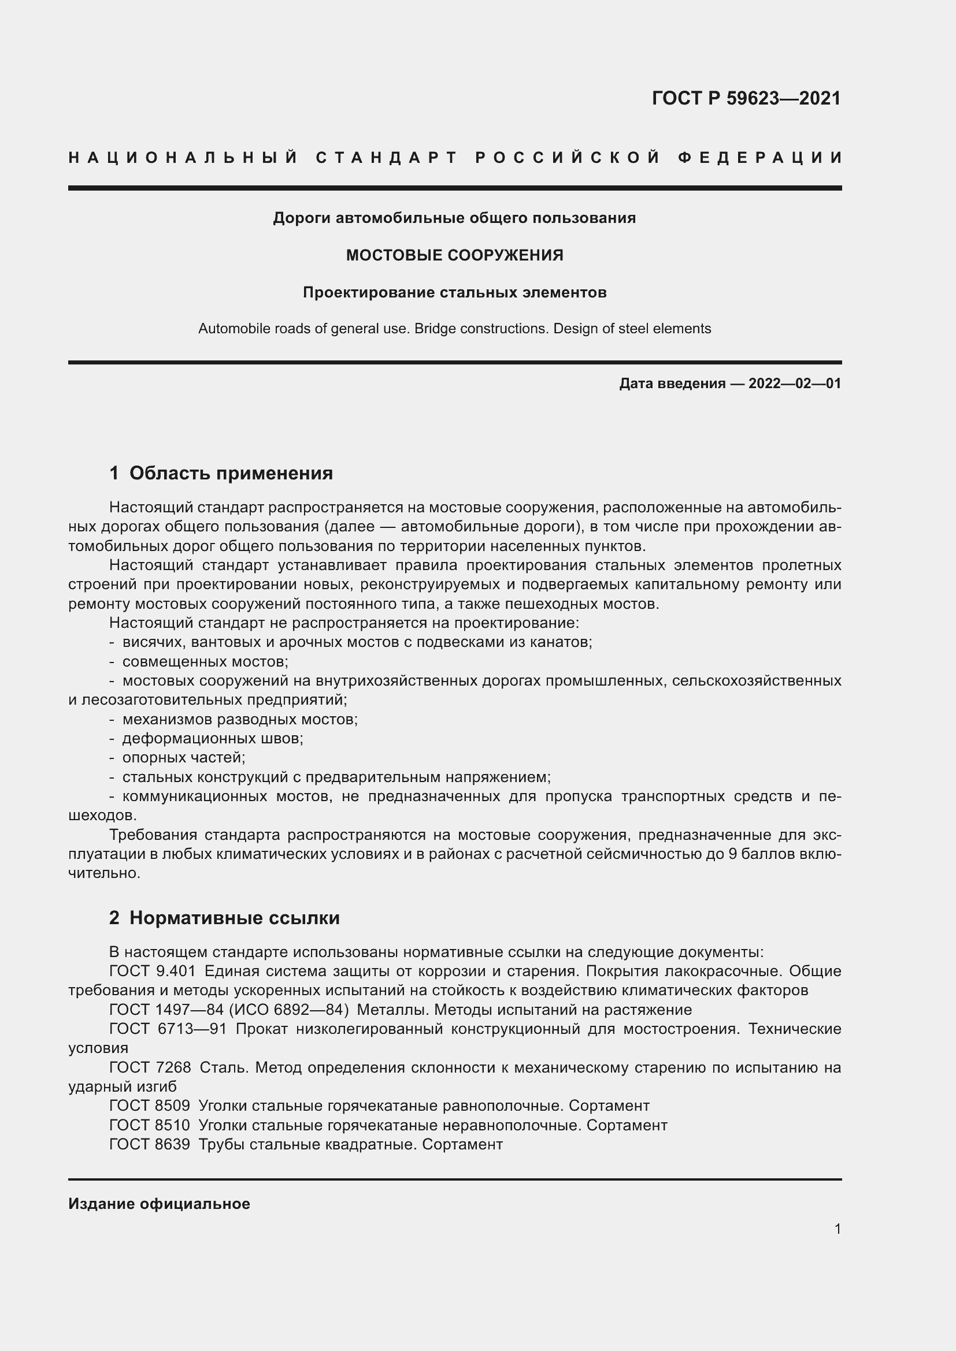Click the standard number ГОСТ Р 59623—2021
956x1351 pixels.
coord(746,98)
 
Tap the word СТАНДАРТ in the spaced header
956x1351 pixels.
coord(387,158)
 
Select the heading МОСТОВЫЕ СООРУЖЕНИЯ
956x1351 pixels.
coord(454,255)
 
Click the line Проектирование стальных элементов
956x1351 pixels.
coord(454,292)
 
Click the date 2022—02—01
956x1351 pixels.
coord(794,384)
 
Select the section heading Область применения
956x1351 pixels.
coord(231,473)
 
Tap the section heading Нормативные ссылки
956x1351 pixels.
coord(234,918)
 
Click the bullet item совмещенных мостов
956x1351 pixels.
coord(205,661)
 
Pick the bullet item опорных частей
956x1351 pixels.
coord(184,757)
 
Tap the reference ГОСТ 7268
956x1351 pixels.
coord(150,1067)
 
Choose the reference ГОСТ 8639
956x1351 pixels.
coord(150,1144)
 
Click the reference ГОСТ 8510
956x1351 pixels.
coord(150,1125)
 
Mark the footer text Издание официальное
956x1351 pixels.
coord(159,1204)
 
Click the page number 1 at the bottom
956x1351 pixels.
coord(838,1229)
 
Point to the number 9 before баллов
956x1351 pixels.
coord(732,854)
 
